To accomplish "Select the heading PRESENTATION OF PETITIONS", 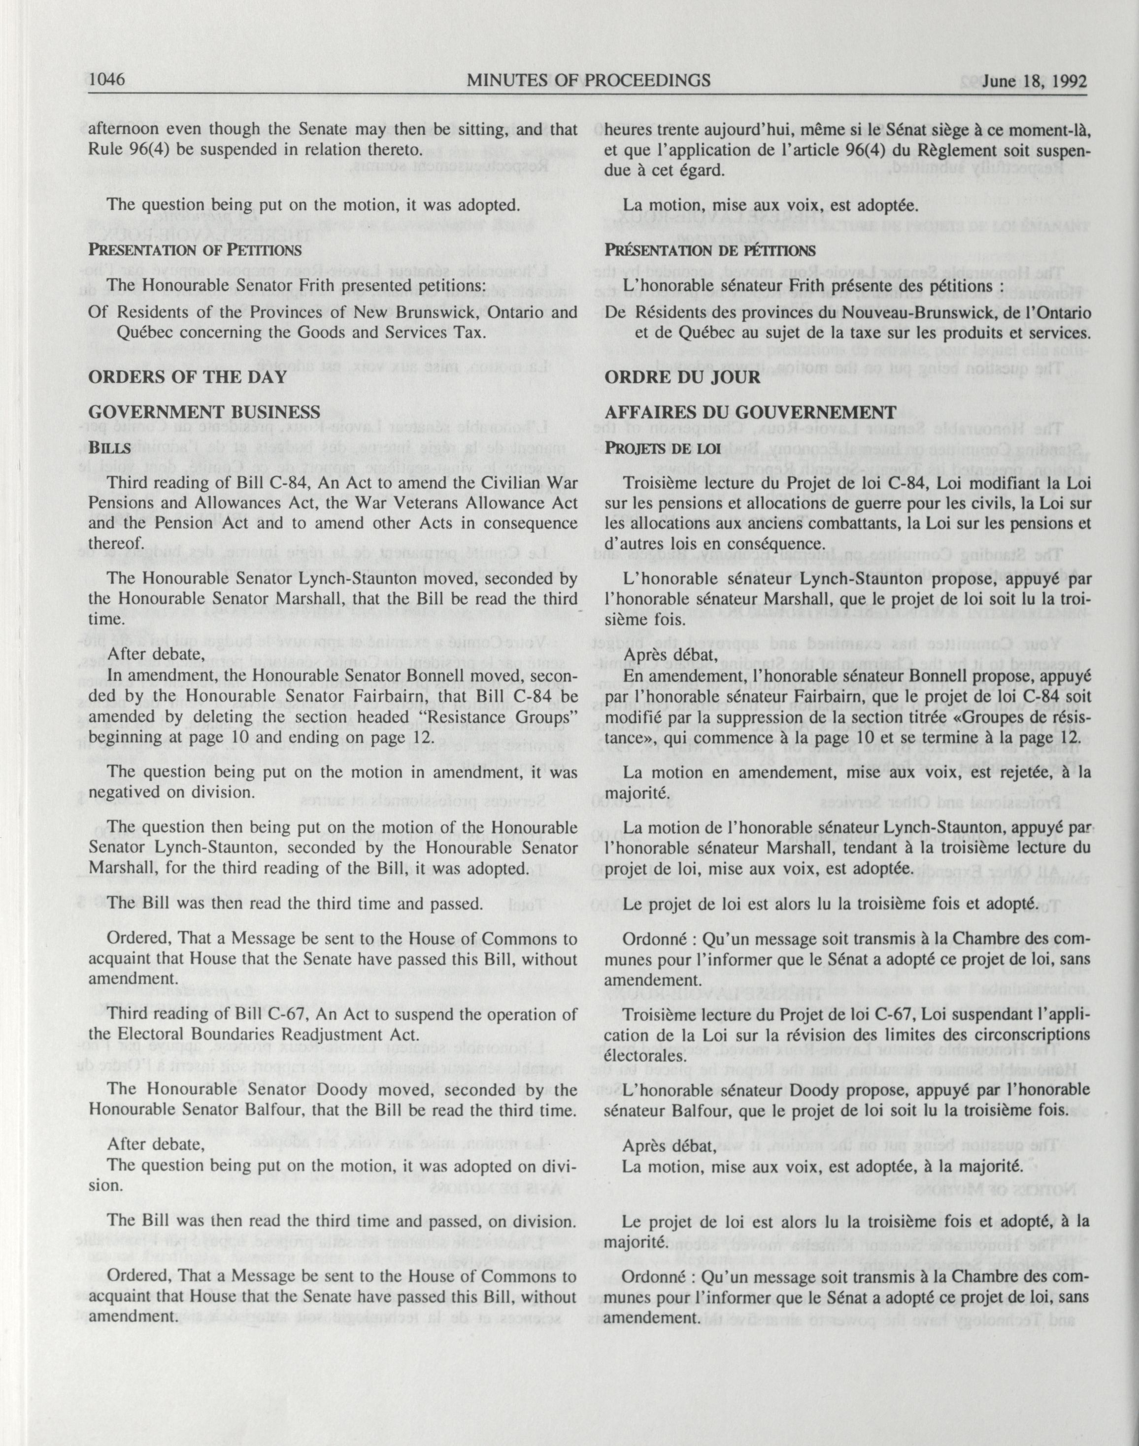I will click(x=194, y=250).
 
